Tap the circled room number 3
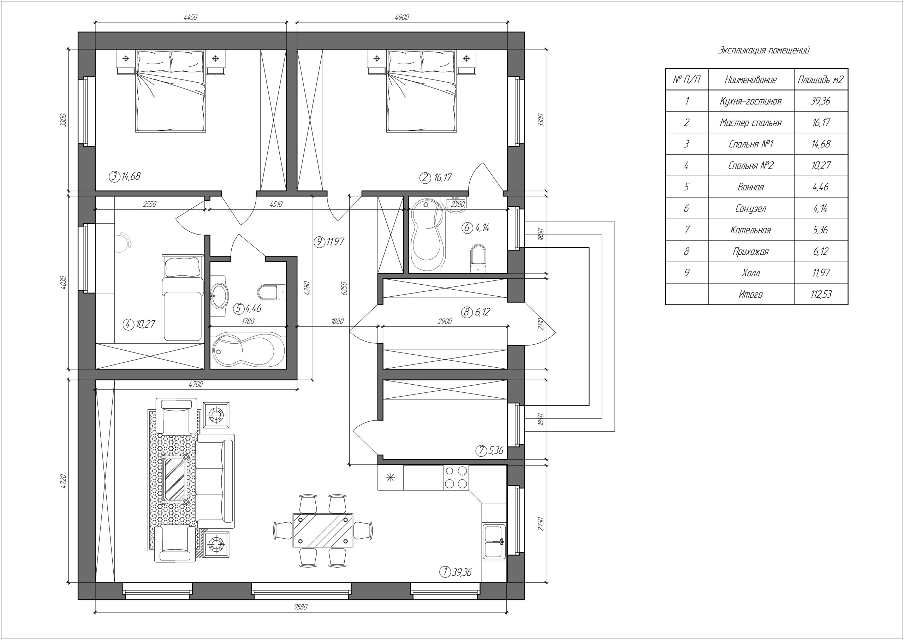tap(114, 177)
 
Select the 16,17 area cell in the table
tap(821, 123)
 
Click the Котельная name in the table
tap(750, 230)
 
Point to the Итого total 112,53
tap(821, 294)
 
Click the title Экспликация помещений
tap(764, 51)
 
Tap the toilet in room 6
tap(478, 259)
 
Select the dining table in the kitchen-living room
tap(323, 531)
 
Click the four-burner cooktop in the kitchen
tap(456, 477)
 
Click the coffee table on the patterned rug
tap(174, 479)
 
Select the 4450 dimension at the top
tap(190, 17)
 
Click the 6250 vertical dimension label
tap(344, 289)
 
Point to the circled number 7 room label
tap(481, 450)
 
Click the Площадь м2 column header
tap(821, 80)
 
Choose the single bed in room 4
tap(182, 298)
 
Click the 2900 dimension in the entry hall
tap(445, 321)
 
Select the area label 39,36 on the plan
tap(462, 572)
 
